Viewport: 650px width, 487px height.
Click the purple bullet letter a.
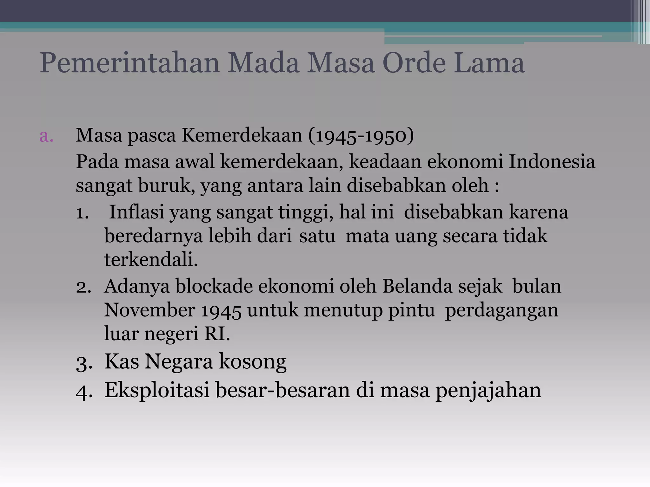click(46, 136)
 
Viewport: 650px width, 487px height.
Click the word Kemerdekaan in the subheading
click(242, 136)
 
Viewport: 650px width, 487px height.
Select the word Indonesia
click(552, 162)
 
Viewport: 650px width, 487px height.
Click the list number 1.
click(82, 212)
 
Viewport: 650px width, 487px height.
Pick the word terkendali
click(151, 259)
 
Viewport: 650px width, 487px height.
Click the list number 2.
click(83, 287)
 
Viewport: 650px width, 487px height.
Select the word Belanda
click(417, 286)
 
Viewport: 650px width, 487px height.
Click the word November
click(149, 310)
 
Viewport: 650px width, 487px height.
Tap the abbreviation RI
click(217, 334)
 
